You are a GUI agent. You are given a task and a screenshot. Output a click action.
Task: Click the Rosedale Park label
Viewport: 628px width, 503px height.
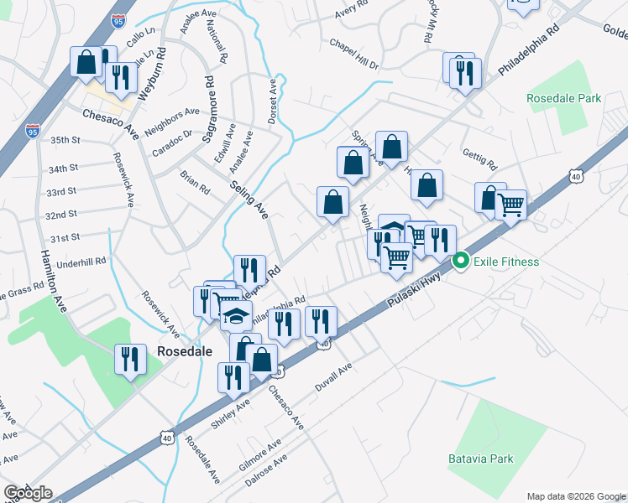tap(563, 98)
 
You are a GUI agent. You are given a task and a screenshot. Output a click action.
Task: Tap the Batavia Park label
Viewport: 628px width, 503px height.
tap(479, 459)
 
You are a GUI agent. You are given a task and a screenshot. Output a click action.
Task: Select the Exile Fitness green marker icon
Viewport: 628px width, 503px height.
tap(460, 262)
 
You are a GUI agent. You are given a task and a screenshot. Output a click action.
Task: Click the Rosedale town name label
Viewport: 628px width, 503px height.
tap(185, 351)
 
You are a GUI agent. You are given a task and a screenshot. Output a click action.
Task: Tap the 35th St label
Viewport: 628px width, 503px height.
tap(65, 139)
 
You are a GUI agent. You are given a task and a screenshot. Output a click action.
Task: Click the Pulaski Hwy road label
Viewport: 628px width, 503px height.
tap(415, 296)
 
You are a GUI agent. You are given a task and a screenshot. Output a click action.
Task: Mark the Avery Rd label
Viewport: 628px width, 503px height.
tap(351, 9)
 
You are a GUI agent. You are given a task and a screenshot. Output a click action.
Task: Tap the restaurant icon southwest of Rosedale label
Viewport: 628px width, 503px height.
tap(128, 360)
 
